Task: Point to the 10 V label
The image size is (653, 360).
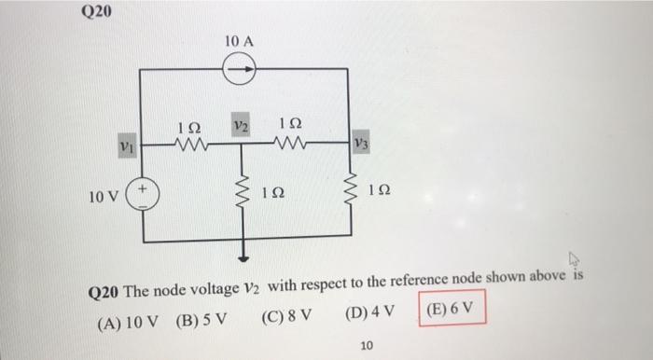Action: point(104,198)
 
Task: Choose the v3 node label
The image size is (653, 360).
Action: point(361,145)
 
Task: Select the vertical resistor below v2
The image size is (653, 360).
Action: point(246,191)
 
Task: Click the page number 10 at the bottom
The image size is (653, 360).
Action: point(367,346)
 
